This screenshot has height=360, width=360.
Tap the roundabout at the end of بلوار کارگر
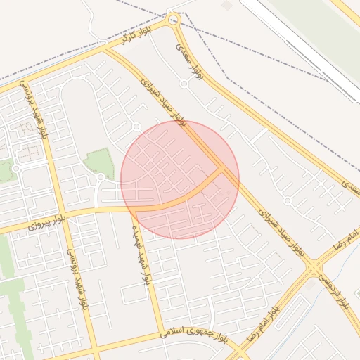coord(174,20)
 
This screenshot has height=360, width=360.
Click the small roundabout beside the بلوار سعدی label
coord(184,84)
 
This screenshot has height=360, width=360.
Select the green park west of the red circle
coord(99,162)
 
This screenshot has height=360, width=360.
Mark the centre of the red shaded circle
coord(180,179)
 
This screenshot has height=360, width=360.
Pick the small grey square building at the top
coord(226,5)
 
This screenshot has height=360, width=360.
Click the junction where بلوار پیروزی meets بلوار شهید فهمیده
coord(131,208)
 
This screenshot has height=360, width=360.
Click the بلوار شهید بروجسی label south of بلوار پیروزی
coord(79,281)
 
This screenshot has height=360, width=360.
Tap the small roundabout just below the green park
coord(101,177)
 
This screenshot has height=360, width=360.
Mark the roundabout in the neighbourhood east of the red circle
coord(287,200)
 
